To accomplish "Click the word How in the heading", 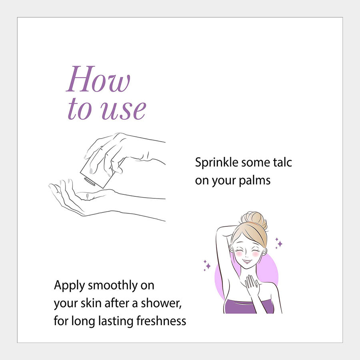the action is pyautogui.click(x=98, y=79).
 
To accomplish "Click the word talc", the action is pyautogui.click(x=282, y=162).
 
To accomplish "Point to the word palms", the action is pyautogui.click(x=255, y=180).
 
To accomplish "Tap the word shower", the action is pyautogui.click(x=161, y=303).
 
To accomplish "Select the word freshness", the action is pyautogui.click(x=161, y=321).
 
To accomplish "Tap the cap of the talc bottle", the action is pyautogui.click(x=90, y=181).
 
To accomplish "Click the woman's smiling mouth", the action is pyautogui.click(x=246, y=261).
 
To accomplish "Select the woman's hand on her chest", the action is pyautogui.click(x=252, y=284).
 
